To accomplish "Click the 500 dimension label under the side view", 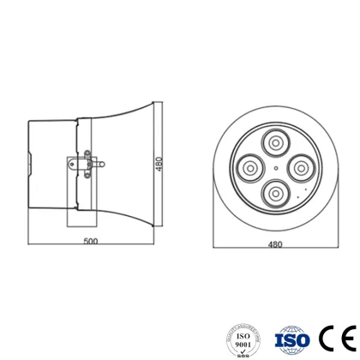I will [x=91, y=241].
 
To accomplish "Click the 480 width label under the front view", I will [x=274, y=244].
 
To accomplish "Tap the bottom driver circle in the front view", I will [x=274, y=193].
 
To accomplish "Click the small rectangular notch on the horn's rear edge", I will [x=32, y=160].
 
